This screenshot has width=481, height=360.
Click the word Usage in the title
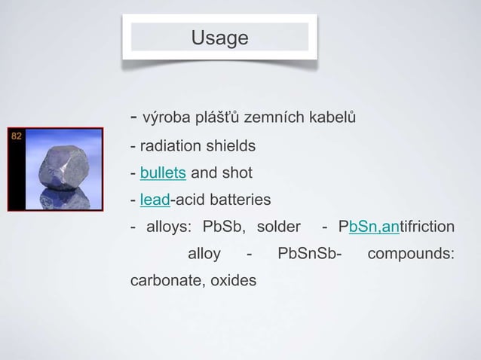219,37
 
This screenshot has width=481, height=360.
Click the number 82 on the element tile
16,136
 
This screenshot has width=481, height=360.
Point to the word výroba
166,118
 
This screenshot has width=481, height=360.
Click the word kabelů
331,118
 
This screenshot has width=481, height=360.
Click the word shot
235,173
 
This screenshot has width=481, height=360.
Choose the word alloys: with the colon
170,227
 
